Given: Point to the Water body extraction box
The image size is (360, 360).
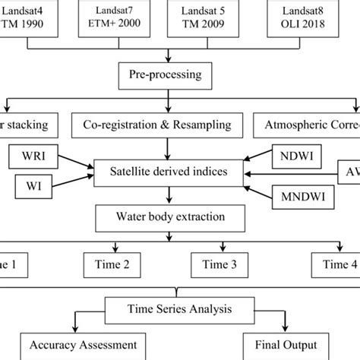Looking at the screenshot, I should tap(159, 219).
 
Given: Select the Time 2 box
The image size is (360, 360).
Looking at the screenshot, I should tap(115, 266).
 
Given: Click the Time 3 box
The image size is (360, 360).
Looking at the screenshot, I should tap(220, 266).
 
